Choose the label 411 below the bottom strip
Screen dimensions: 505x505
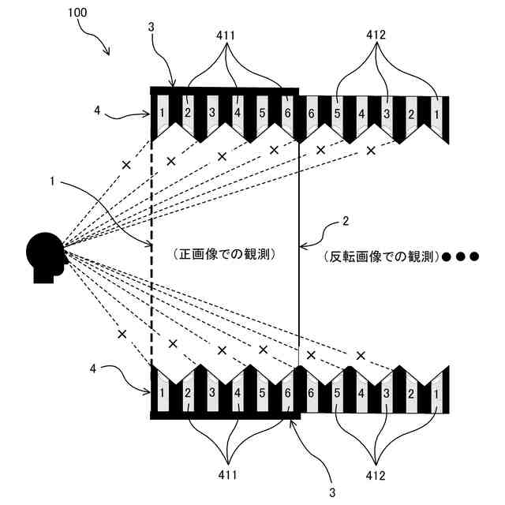tap(228, 477)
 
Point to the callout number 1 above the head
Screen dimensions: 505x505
tap(52, 181)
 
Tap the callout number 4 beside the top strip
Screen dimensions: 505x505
tap(97, 111)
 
